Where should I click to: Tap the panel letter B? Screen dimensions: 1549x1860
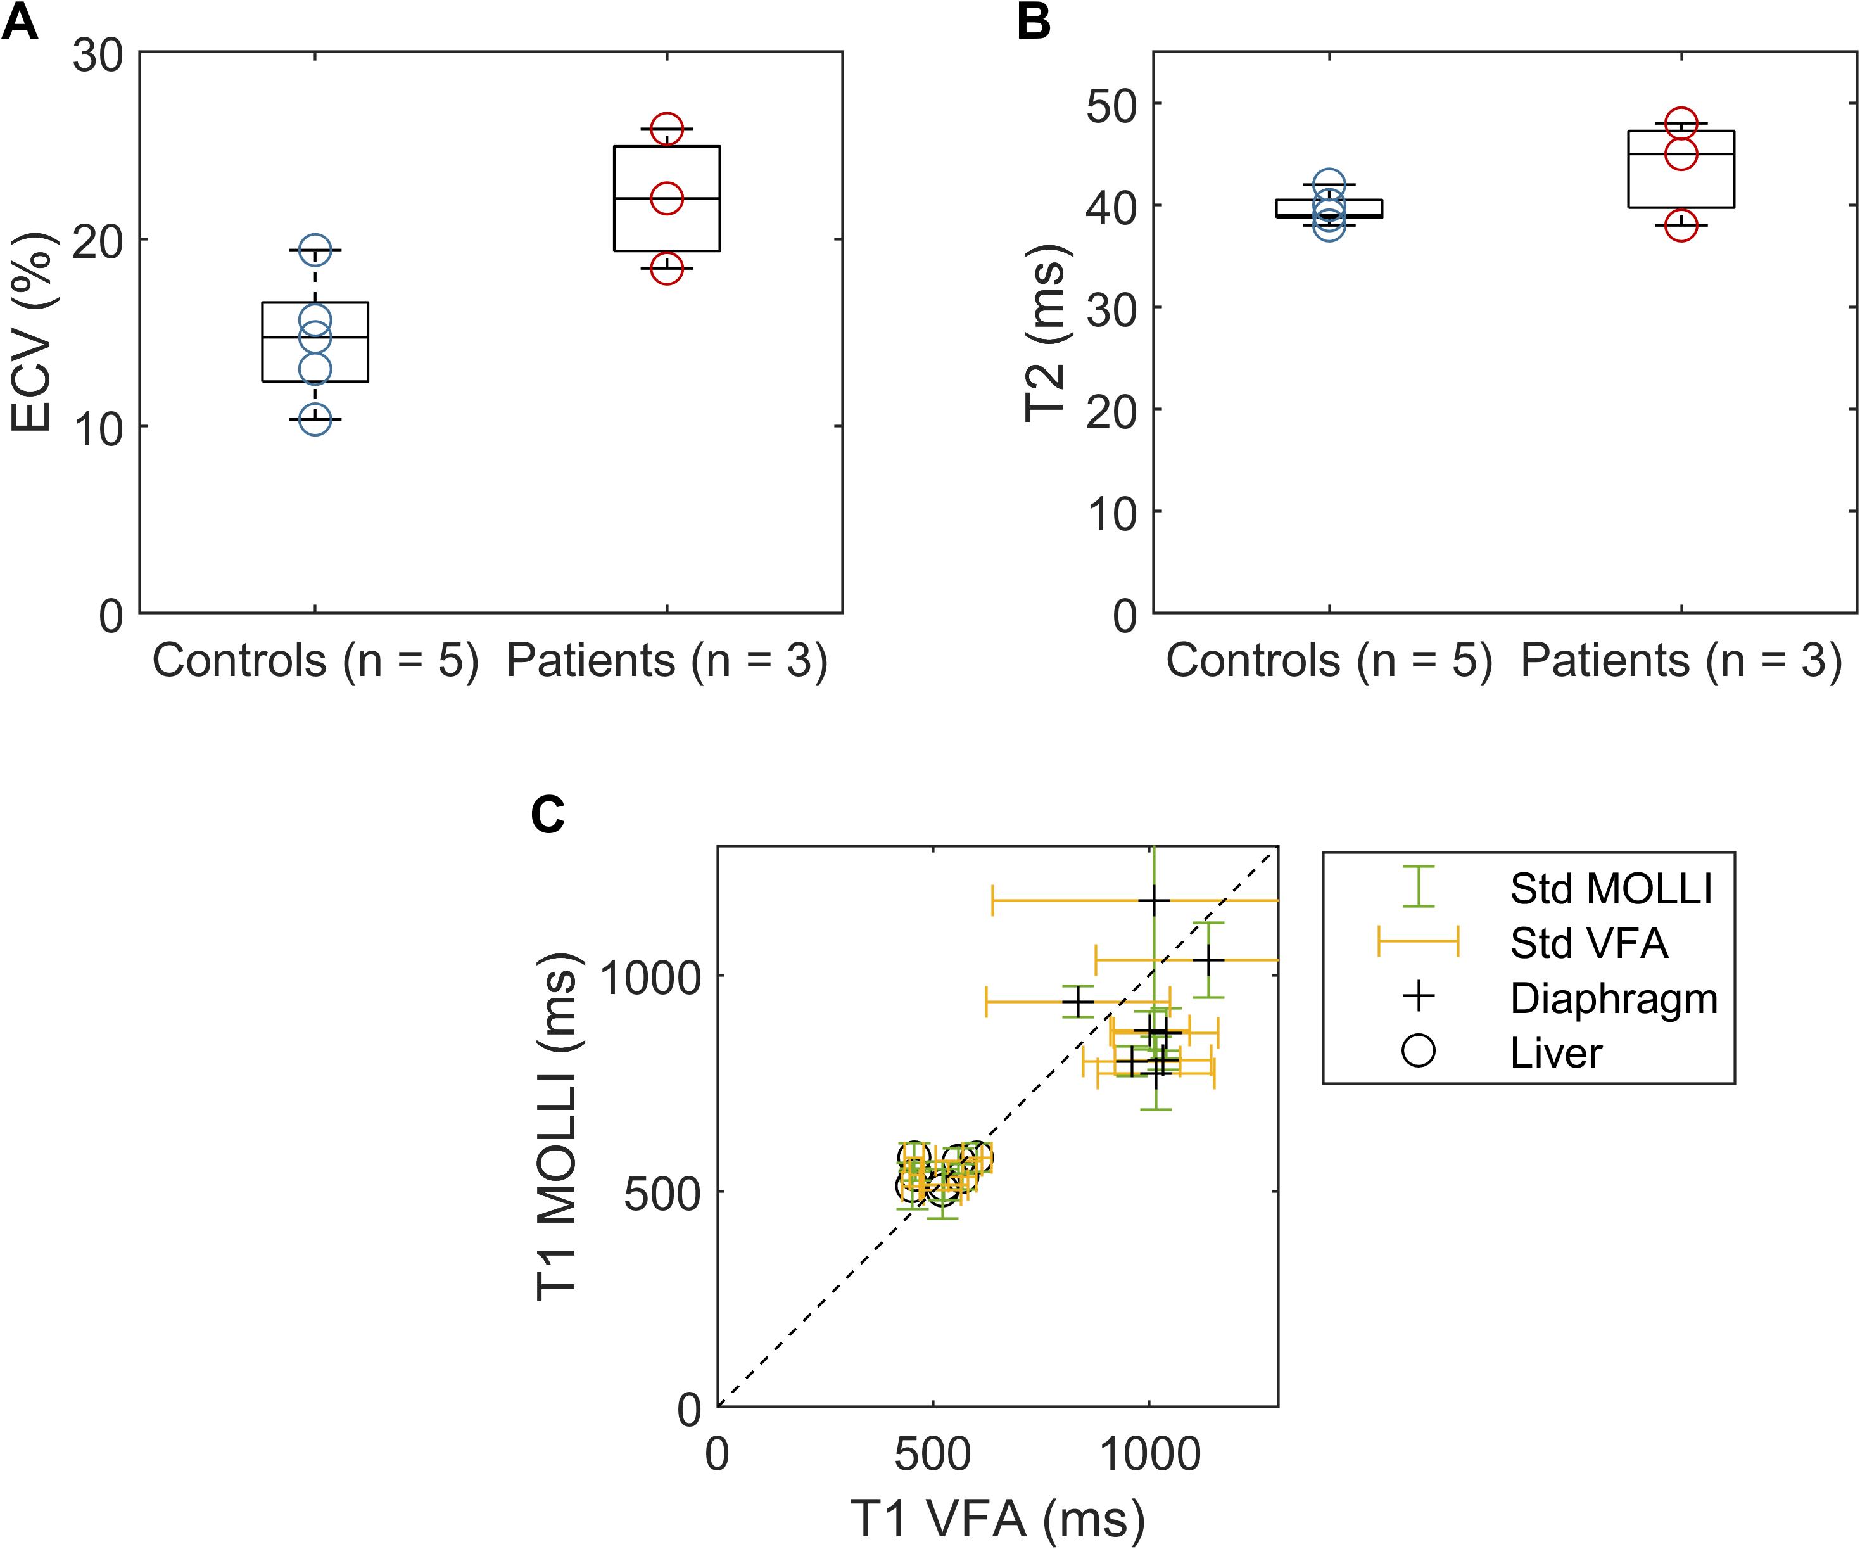pos(1034,22)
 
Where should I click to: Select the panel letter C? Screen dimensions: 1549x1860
pos(547,814)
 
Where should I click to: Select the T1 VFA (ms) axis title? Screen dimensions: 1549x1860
pos(997,1518)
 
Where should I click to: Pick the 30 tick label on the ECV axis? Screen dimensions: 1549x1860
pos(98,56)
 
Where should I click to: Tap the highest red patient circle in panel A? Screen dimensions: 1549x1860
pos(667,129)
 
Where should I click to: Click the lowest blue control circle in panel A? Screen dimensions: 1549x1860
pos(314,419)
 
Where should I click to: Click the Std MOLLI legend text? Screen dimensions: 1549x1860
pos(1611,889)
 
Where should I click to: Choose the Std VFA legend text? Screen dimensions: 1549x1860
pos(1589,944)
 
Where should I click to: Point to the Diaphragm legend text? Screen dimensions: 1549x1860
pos(1614,998)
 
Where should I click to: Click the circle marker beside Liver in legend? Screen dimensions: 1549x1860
pos(1418,1052)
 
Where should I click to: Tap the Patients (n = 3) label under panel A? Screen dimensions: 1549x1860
pos(666,661)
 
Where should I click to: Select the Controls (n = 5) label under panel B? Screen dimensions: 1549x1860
pos(1329,661)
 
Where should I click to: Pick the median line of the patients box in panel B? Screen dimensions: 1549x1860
pos(1680,154)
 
